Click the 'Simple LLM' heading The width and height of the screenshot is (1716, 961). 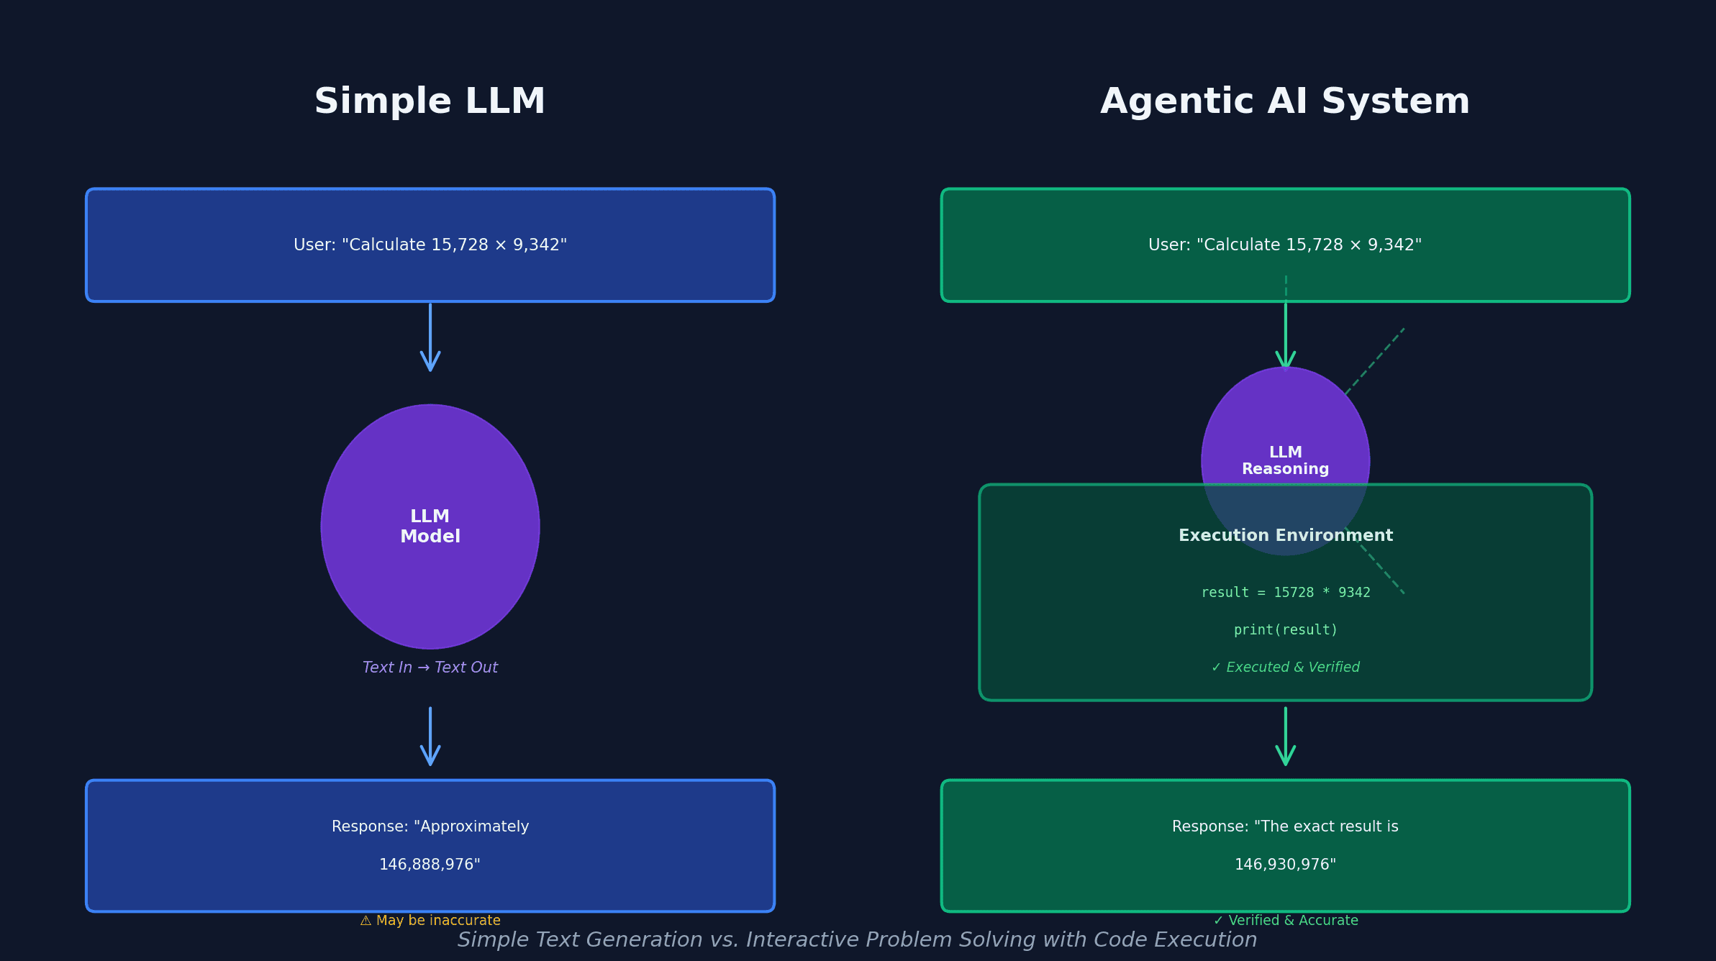(x=430, y=101)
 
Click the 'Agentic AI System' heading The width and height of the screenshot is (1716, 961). (x=1285, y=101)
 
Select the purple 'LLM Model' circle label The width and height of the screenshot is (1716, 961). (x=430, y=527)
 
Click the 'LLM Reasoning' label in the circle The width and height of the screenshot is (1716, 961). (x=1285, y=460)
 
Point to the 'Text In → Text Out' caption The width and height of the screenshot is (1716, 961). (x=430, y=668)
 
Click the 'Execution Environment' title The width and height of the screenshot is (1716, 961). (x=1285, y=535)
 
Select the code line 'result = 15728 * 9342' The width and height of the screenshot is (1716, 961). (x=1285, y=593)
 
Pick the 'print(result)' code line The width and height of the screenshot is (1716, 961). (x=1285, y=630)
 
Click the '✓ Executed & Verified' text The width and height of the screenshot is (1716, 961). (x=1285, y=668)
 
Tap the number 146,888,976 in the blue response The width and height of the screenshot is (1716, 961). (x=430, y=865)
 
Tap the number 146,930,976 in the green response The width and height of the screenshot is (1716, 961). (x=1285, y=865)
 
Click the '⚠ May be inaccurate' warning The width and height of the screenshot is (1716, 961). (x=430, y=921)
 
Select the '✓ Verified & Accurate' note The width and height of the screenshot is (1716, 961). (x=1285, y=921)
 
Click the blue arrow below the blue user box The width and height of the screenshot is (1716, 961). (x=430, y=338)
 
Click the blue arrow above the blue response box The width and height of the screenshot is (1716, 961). (x=430, y=737)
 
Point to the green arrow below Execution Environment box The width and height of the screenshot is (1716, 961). (x=1285, y=737)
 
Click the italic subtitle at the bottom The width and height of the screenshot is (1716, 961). (x=857, y=940)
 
